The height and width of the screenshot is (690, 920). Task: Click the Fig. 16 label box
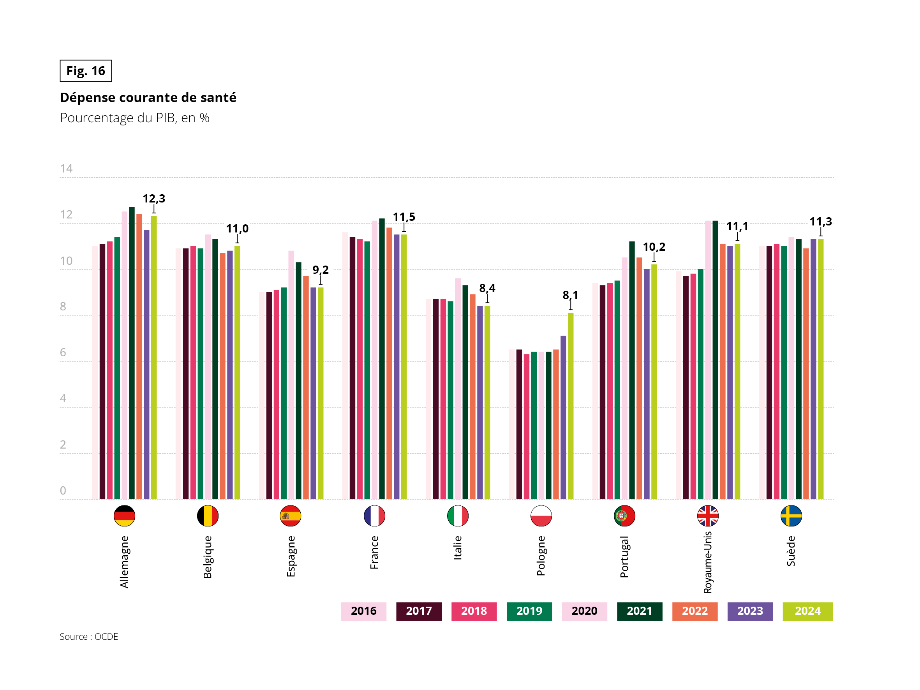coord(86,71)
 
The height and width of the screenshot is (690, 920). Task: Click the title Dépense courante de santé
coord(148,97)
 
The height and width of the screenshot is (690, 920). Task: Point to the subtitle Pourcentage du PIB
coord(134,118)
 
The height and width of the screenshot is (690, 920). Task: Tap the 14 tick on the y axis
coord(66,169)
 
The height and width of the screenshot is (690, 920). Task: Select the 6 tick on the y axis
coord(63,352)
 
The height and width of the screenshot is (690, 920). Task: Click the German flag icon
coord(124,516)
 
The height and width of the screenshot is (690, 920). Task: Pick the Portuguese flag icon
coord(624,516)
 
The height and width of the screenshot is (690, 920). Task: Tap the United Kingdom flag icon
coord(707,516)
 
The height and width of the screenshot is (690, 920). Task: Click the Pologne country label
coord(541,556)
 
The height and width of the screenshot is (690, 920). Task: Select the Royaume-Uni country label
coord(707,562)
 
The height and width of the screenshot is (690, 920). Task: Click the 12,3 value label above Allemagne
coord(154,198)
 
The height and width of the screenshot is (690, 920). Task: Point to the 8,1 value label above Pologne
coord(570,295)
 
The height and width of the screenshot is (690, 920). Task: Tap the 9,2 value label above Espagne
coord(320,269)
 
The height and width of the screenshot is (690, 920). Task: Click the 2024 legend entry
coord(807,611)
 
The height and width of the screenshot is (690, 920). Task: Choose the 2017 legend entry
coord(418,611)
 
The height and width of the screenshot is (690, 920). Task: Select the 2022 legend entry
coord(694,611)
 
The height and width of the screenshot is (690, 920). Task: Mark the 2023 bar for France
coord(397,366)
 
